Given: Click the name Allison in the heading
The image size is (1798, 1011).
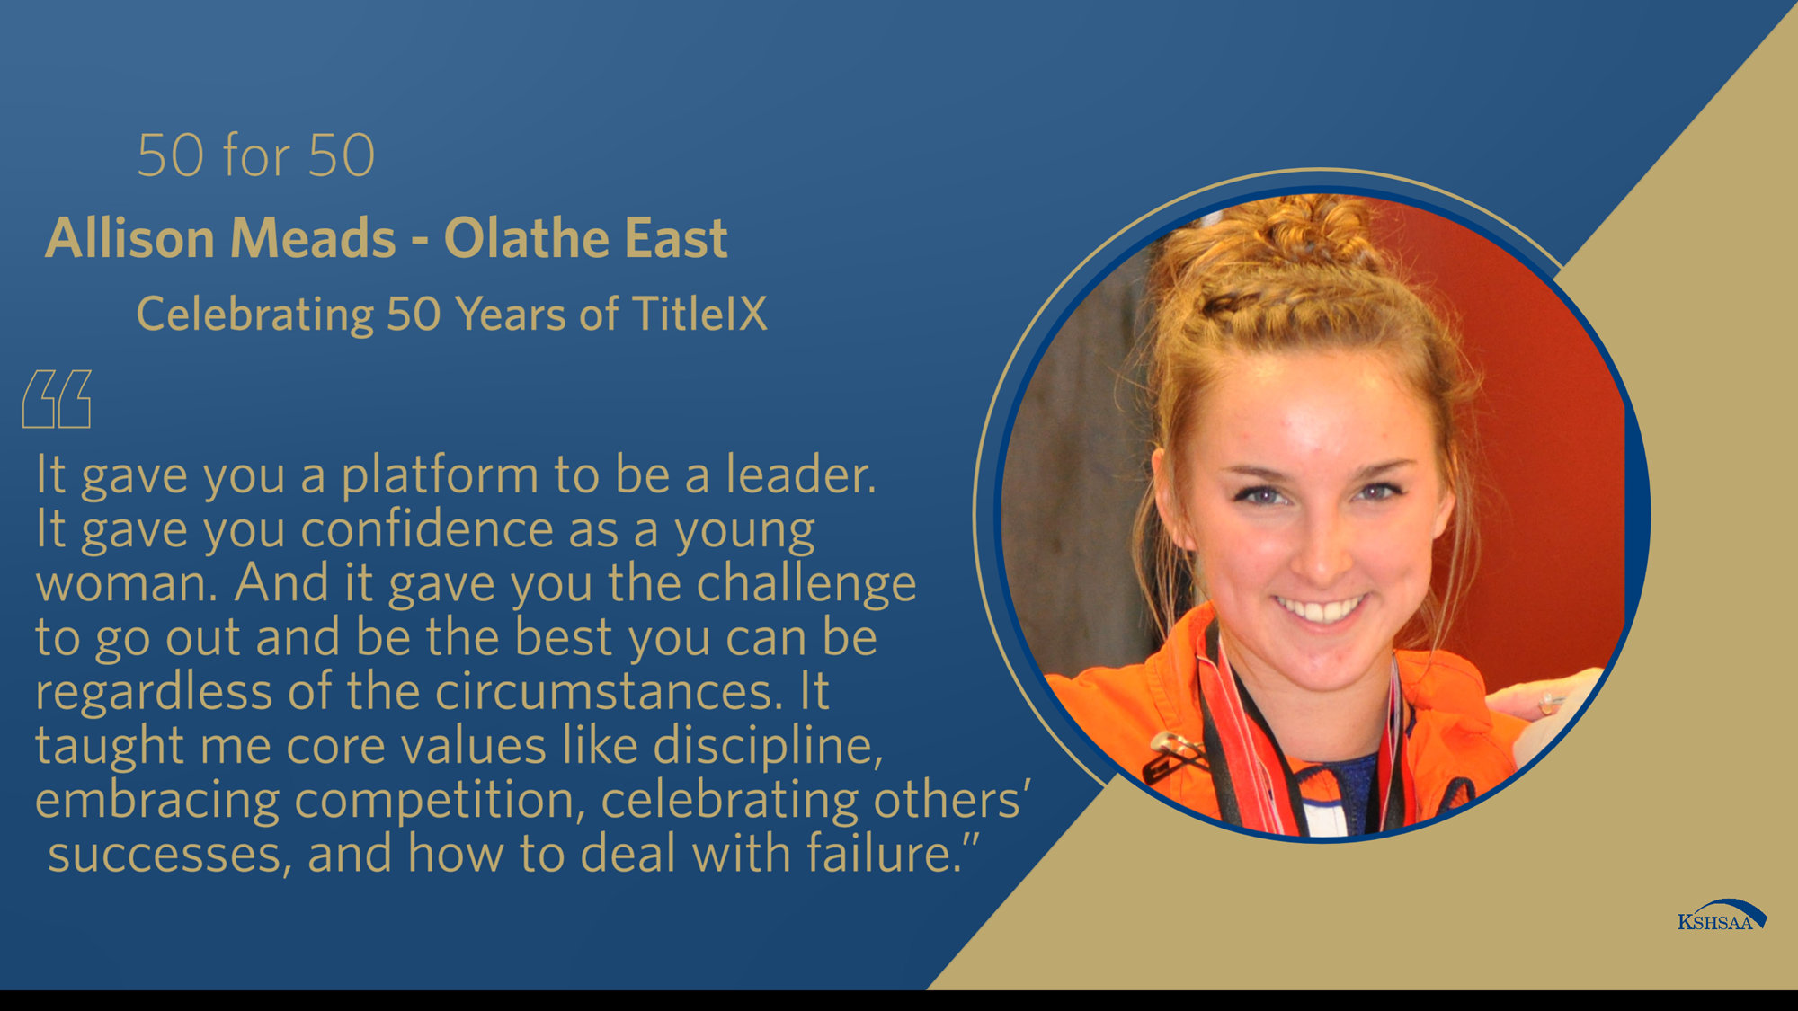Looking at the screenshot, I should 131,238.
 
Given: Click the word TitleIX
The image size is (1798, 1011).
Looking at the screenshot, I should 700,315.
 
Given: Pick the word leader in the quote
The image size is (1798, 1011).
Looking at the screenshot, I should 799,474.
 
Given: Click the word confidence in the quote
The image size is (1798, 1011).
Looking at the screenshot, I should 426,529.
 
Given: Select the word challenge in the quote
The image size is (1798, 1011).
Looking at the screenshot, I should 806,585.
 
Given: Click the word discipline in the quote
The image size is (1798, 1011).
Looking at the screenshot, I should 767,747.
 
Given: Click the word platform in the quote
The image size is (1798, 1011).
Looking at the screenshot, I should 440,476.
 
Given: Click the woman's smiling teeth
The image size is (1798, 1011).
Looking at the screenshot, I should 1321,610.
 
